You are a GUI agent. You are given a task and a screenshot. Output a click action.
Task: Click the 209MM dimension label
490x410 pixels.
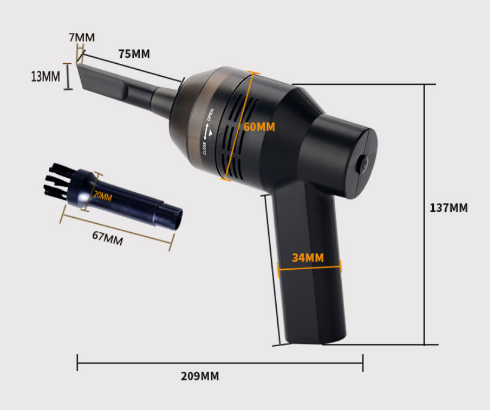pyautogui.click(x=200, y=376)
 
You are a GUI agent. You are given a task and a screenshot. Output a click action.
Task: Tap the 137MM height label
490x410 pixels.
pyautogui.click(x=448, y=208)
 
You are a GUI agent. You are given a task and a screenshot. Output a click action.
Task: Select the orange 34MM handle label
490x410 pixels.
pyautogui.click(x=308, y=258)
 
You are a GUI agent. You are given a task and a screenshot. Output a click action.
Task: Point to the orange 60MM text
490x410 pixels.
pyautogui.click(x=259, y=127)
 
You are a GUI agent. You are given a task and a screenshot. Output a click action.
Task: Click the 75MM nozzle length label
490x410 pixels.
pyautogui.click(x=134, y=54)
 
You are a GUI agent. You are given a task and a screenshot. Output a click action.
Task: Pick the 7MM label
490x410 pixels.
pyautogui.click(x=82, y=37)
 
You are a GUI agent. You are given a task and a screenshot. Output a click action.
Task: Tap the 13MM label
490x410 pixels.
pyautogui.click(x=45, y=76)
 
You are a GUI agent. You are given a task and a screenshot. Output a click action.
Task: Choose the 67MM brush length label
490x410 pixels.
pyautogui.click(x=108, y=238)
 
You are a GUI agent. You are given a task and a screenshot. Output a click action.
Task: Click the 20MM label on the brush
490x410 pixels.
pyautogui.click(x=103, y=196)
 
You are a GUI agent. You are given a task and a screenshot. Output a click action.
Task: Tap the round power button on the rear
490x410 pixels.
pyautogui.click(x=364, y=164)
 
